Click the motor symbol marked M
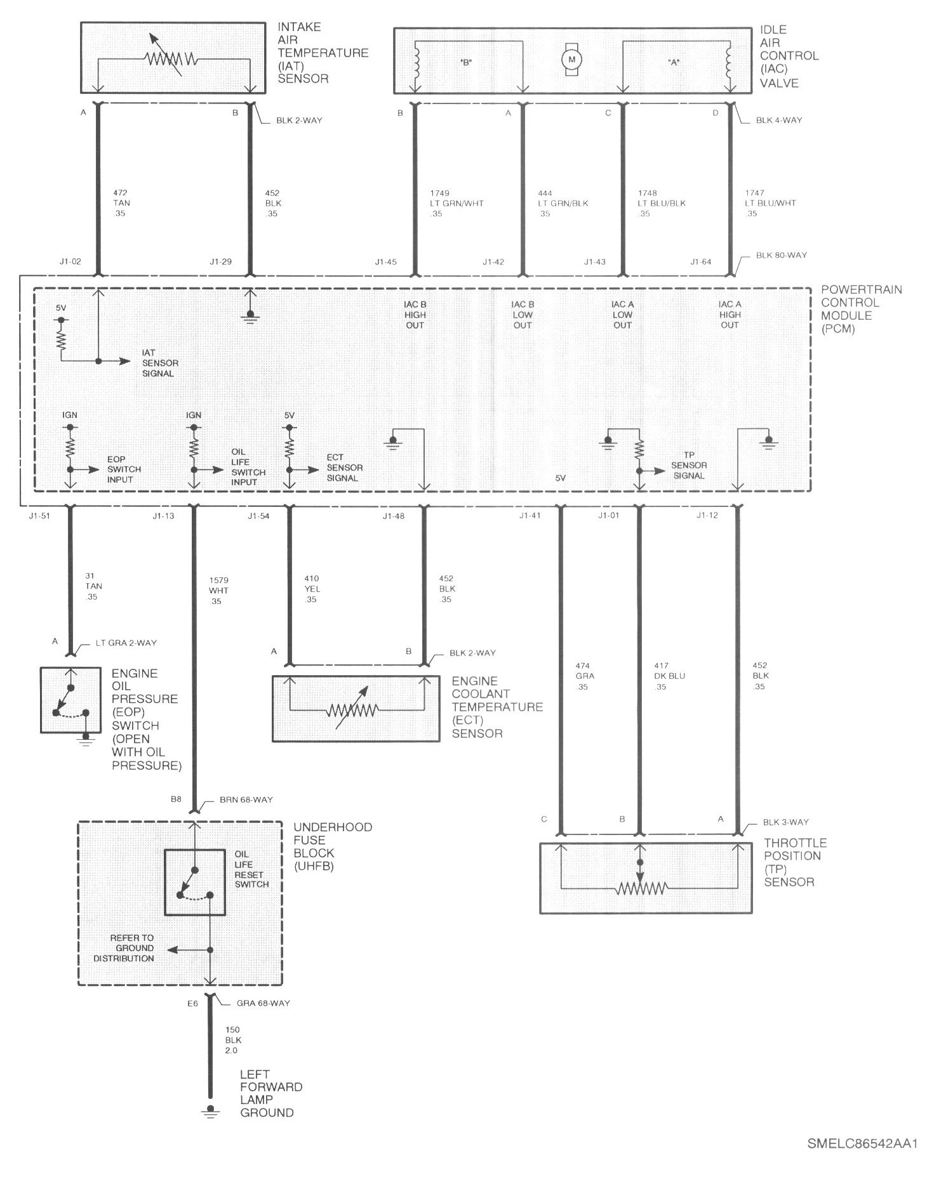pos(572,59)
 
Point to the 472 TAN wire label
pos(121,203)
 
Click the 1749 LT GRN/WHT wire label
pos(456,203)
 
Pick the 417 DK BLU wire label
pos(670,676)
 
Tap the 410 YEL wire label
pos(312,589)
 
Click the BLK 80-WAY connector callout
pos(781,255)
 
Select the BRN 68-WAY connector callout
pos(247,799)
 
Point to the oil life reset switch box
pos(195,882)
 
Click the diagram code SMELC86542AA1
pos(862,1145)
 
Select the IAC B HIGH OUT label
pos(415,315)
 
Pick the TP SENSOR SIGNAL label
pos(689,465)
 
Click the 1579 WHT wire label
pos(218,591)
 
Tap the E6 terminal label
pos(192,1003)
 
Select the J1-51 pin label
pos(39,516)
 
